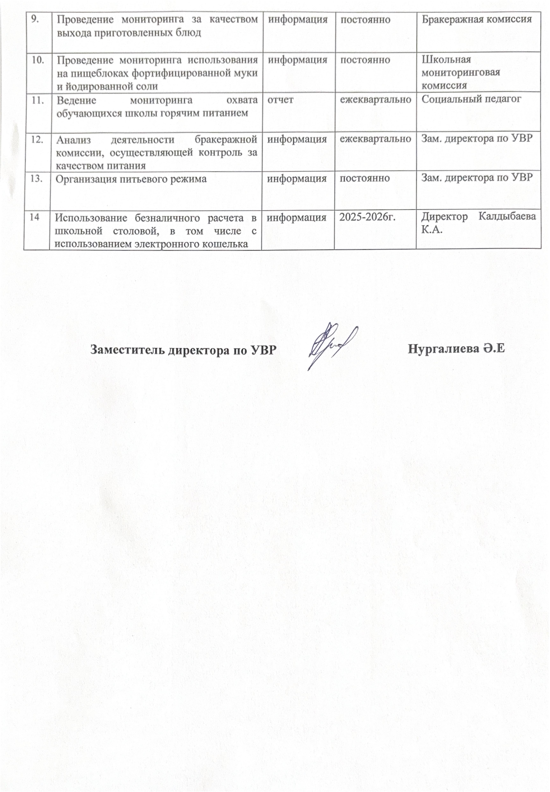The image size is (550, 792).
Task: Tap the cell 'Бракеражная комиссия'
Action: click(477, 20)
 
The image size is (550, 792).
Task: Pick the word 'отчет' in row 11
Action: click(281, 100)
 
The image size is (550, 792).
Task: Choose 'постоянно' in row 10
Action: click(365, 60)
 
